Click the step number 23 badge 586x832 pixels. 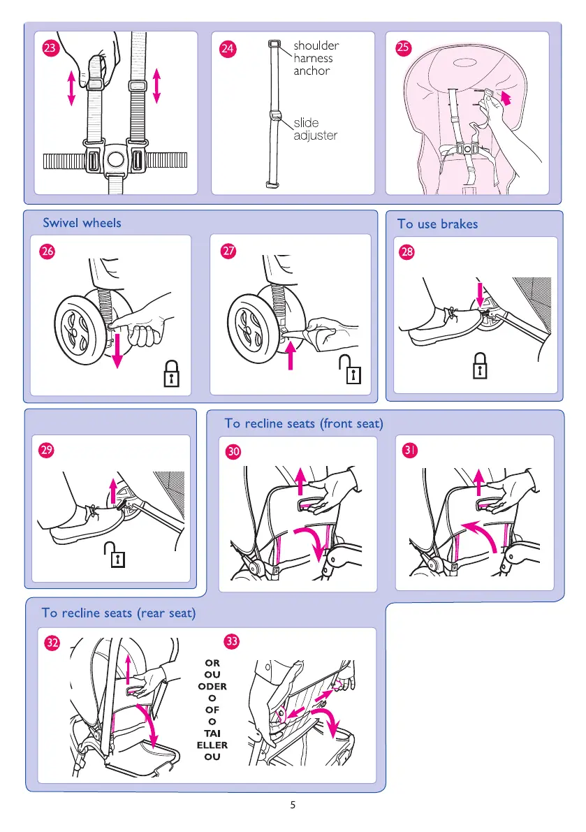[50, 49]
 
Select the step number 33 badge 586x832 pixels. [232, 640]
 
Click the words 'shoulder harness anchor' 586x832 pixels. [316, 58]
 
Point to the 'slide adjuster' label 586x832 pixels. [314, 129]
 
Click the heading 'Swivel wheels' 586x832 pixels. [82, 223]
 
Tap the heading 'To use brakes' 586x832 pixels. [438, 224]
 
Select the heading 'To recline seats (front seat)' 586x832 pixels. [304, 423]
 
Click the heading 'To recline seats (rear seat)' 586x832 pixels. [119, 613]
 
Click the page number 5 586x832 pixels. [293, 805]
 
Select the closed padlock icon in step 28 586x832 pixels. [479, 365]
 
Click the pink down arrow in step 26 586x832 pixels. [117, 350]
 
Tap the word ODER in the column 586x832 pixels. [212, 686]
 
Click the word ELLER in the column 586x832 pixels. [212, 745]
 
